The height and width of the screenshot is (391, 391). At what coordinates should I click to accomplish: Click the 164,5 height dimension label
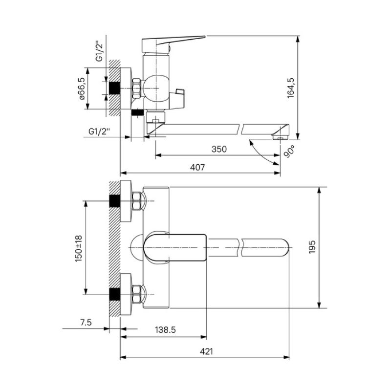291,88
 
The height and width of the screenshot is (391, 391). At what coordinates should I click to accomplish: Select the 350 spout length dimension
219,149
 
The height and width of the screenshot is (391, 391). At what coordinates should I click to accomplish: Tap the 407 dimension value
197,167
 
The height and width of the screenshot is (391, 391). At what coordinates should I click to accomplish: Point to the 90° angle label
289,152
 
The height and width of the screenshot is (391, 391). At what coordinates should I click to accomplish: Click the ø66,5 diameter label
82,88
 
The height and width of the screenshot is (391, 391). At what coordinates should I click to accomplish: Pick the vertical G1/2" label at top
99,52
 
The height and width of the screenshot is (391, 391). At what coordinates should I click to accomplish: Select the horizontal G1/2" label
99,131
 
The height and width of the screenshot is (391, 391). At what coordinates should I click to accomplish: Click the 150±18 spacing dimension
79,248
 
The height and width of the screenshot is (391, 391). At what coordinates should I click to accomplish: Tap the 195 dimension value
312,247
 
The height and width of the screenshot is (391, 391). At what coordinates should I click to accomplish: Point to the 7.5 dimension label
86,323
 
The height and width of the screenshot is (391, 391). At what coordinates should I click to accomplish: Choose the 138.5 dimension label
165,329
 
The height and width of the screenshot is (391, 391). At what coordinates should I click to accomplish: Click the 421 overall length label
206,351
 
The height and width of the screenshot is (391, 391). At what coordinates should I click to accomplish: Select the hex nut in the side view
136,88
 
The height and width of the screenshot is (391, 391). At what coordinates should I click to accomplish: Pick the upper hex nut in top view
136,201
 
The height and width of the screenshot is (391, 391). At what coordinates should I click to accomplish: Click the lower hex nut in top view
136,294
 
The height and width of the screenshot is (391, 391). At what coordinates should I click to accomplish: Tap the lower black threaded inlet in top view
115,294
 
